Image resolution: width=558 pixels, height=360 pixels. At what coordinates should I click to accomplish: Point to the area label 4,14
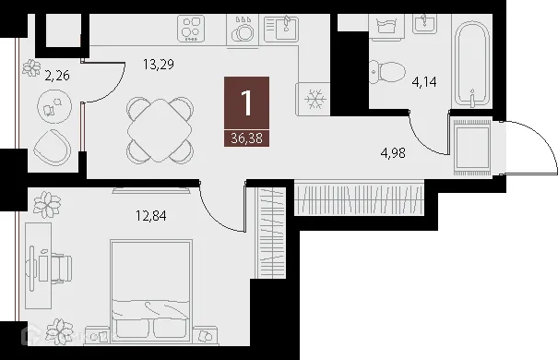[424, 81]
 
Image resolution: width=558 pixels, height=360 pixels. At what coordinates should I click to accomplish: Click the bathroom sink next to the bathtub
[425, 23]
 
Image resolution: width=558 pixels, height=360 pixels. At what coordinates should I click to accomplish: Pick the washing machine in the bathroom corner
[383, 24]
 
